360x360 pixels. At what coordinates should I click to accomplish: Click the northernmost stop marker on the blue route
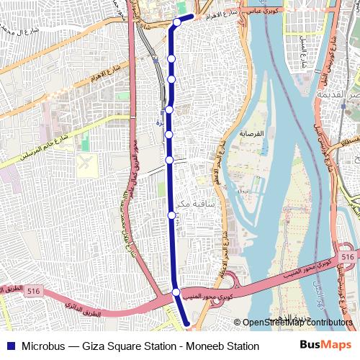pyautogui.click(x=177, y=22)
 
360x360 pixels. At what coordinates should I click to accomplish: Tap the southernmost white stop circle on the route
pyautogui.click(x=176, y=292)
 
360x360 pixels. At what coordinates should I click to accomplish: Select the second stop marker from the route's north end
pyautogui.click(x=171, y=58)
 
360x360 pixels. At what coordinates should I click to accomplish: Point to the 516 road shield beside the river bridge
pyautogui.click(x=348, y=257)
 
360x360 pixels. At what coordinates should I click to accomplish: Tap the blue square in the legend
pyautogui.click(x=9, y=346)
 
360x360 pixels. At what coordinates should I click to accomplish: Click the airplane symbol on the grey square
pyautogui.click(x=86, y=163)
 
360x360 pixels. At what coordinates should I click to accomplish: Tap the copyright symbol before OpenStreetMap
pyautogui.click(x=237, y=323)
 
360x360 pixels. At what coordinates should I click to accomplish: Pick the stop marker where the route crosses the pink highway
pyautogui.click(x=176, y=292)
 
